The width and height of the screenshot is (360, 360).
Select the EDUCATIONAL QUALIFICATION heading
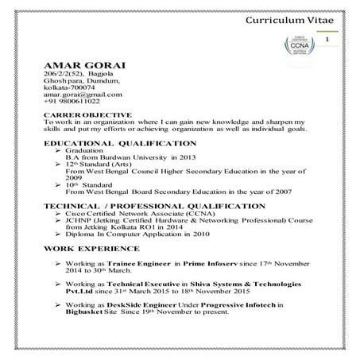(x=120, y=143)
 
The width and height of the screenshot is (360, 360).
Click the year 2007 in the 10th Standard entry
(x=280, y=192)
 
